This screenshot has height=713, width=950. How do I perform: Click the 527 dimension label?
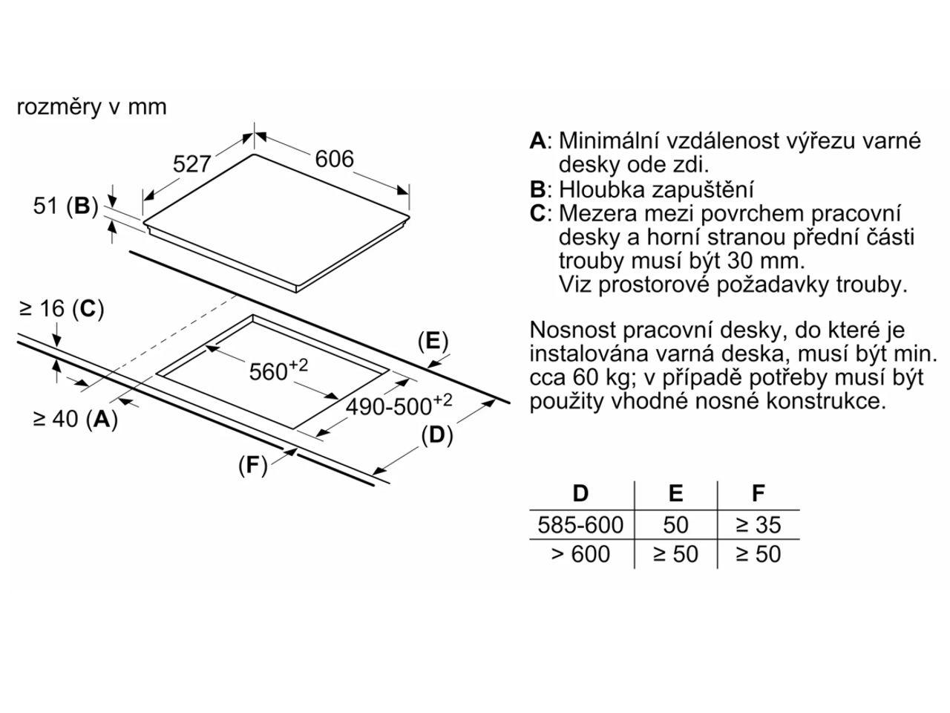(192, 163)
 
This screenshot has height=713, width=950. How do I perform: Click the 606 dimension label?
(335, 159)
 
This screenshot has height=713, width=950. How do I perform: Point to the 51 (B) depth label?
(65, 206)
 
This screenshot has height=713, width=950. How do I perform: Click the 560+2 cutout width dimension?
(278, 371)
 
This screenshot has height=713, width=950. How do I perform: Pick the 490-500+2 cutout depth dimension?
(399, 405)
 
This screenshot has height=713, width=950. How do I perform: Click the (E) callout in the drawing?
(433, 342)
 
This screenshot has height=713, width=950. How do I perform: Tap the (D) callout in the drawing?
(436, 435)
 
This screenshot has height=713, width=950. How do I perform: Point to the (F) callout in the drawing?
(252, 465)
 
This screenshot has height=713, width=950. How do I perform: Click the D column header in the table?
(580, 493)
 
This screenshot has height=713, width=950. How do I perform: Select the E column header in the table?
(675, 493)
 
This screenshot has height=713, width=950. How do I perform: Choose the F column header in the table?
(758, 493)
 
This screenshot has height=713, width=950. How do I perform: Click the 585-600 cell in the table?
(580, 525)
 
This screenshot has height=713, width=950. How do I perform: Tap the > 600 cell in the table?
(580, 554)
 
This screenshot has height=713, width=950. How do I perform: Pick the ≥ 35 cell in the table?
(758, 525)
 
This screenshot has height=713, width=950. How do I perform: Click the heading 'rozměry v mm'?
(91, 107)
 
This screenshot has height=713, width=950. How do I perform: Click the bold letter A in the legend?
(537, 141)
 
